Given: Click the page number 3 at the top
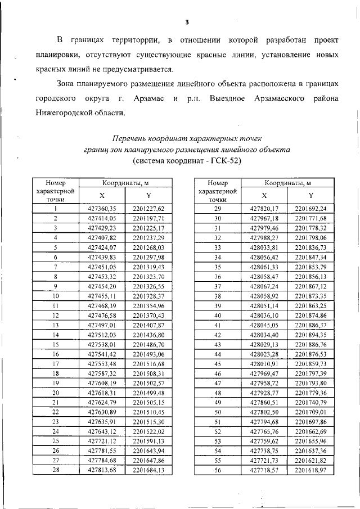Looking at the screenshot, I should pos(187,22).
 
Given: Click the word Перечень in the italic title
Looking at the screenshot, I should pos(130,138).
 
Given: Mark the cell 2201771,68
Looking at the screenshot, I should pos(310,218).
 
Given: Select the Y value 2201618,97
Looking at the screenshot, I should pos(310,470).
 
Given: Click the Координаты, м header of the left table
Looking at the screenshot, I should pos(125,183).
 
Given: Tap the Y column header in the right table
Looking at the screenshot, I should pos(310,195).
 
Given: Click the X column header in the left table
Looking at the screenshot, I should pos(101,195).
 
